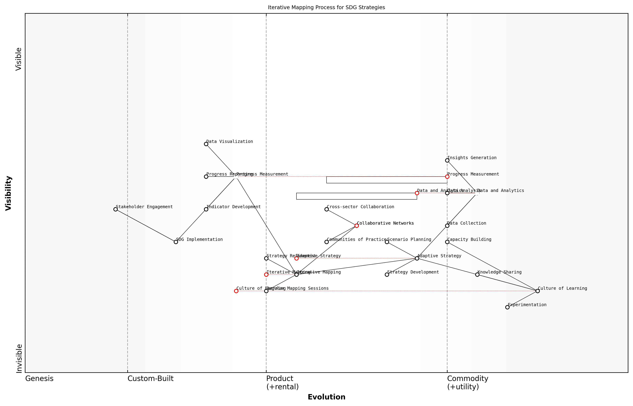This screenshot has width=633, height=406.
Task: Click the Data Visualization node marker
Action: (x=206, y=144)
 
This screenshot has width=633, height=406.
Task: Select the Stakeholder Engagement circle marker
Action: (x=115, y=209)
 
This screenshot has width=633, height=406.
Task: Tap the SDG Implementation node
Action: (x=176, y=242)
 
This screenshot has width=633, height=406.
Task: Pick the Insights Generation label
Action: (x=472, y=158)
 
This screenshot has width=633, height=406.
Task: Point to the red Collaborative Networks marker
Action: (x=357, y=226)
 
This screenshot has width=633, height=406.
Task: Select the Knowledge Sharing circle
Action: (x=477, y=275)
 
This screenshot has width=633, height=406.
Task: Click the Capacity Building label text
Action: (x=469, y=239)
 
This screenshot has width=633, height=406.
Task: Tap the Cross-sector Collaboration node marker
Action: (x=327, y=209)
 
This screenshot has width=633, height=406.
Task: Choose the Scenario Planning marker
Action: (x=387, y=242)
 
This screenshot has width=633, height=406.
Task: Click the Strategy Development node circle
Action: (x=387, y=275)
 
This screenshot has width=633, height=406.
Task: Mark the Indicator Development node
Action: (x=206, y=209)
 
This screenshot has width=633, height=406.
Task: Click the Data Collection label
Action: (x=467, y=223)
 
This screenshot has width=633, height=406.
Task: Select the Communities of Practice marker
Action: (x=327, y=242)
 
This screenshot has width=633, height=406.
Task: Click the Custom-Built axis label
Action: (x=150, y=379)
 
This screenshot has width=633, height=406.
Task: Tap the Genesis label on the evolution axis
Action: (x=39, y=379)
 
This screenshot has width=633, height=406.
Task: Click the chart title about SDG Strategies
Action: (x=326, y=7)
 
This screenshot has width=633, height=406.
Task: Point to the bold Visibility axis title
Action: (x=8, y=193)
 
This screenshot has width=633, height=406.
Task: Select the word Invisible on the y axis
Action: (x=19, y=358)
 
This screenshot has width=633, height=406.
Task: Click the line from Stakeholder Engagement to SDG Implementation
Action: (x=146, y=226)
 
